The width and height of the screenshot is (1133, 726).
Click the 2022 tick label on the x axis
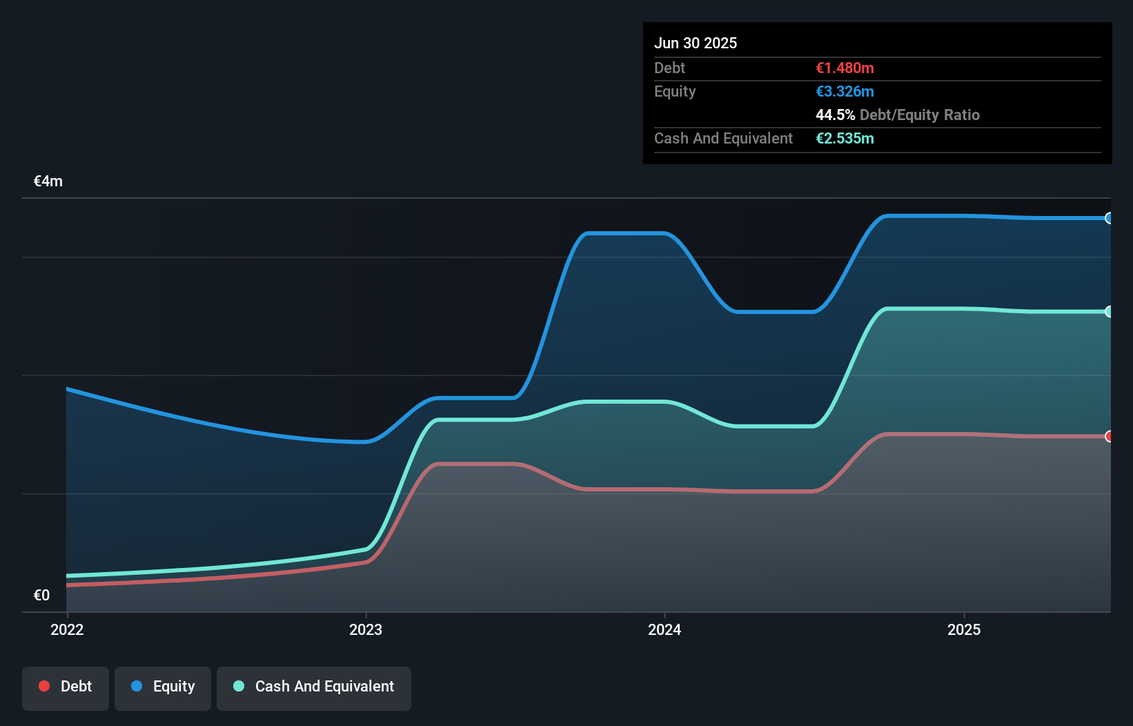(x=67, y=629)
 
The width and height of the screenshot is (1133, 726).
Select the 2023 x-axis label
(x=366, y=629)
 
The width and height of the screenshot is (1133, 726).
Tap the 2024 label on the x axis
(x=664, y=629)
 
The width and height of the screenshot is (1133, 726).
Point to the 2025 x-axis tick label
(x=964, y=629)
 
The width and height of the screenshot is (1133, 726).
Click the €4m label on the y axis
(x=48, y=181)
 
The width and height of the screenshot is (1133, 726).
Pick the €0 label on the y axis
(x=42, y=595)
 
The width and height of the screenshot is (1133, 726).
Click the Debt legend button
(x=66, y=687)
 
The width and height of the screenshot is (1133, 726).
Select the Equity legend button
(x=163, y=687)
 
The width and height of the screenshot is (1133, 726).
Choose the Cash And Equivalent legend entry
(x=314, y=687)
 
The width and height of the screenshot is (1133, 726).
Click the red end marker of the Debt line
(x=1109, y=436)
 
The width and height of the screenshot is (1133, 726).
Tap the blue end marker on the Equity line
(x=1109, y=218)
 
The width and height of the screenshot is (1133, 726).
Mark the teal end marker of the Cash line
(x=1109, y=311)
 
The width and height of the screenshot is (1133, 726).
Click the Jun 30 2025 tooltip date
(x=696, y=43)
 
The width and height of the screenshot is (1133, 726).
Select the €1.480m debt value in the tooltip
(x=845, y=68)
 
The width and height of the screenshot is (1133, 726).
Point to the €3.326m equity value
(x=845, y=92)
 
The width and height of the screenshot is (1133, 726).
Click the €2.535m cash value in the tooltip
(x=845, y=139)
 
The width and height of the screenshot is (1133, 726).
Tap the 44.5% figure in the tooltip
(x=835, y=115)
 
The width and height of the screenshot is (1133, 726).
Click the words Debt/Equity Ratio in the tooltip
(x=919, y=115)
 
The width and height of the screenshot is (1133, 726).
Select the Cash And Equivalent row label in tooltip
(x=723, y=139)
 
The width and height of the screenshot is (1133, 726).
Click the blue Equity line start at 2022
(x=68, y=389)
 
